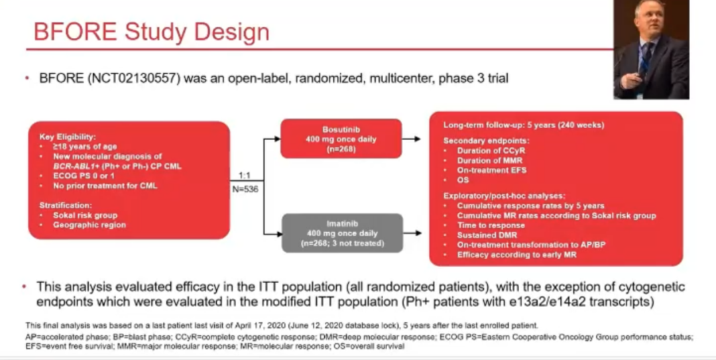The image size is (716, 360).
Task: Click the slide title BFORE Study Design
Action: tap(152, 32)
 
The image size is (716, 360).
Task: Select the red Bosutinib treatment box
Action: tap(341, 139)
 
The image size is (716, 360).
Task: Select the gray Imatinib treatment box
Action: tap(341, 233)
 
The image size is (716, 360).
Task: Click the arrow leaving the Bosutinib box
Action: tap(411, 139)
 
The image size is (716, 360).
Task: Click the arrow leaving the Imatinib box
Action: tap(411, 233)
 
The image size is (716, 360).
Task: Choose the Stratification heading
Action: tap(65, 206)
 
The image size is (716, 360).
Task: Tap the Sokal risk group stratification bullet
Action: tap(86, 215)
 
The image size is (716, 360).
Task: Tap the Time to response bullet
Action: tap(491, 225)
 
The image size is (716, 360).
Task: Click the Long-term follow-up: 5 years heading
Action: tap(522, 125)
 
